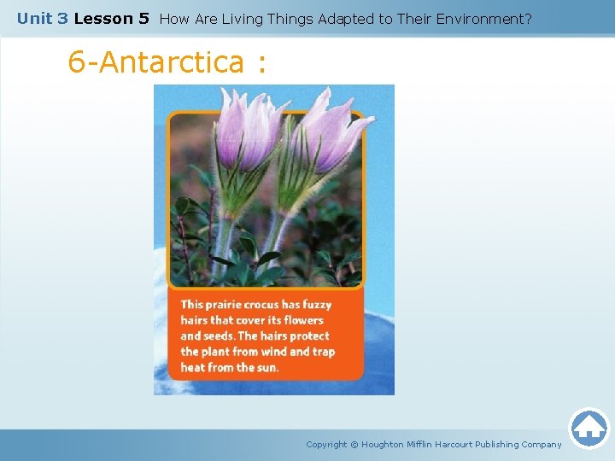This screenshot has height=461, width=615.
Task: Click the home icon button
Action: [589, 428]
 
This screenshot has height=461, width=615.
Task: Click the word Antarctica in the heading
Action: [171, 61]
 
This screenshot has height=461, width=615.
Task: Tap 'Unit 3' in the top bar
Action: [42, 18]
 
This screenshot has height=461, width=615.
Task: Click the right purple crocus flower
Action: [329, 132]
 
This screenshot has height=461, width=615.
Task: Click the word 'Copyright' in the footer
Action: [326, 444]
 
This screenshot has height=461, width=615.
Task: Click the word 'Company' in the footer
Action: [541, 444]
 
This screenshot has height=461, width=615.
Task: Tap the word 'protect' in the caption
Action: [309, 336]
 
